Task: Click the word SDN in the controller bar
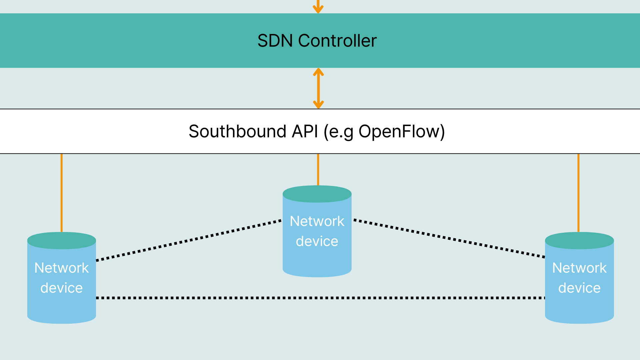tap(275, 41)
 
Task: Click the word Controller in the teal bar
tap(337, 41)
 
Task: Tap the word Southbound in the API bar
tap(237, 131)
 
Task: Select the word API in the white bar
tap(305, 131)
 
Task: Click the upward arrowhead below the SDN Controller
tap(318, 72)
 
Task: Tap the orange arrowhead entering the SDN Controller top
tap(318, 9)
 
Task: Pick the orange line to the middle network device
tap(318, 169)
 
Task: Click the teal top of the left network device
tap(62, 240)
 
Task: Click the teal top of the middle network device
tap(317, 194)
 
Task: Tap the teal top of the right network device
tap(579, 240)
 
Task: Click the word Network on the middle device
tap(317, 221)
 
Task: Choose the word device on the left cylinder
tap(62, 288)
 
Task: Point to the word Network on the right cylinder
tap(579, 268)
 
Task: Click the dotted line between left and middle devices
tap(189, 240)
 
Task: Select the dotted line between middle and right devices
tap(449, 238)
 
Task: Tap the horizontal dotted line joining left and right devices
tap(320, 298)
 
